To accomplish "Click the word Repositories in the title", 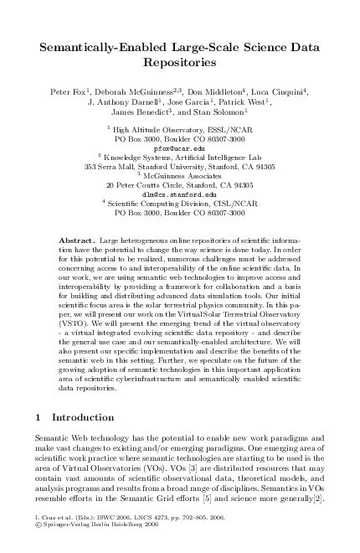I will coord(179,62).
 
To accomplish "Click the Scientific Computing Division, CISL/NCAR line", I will coord(181,202).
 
